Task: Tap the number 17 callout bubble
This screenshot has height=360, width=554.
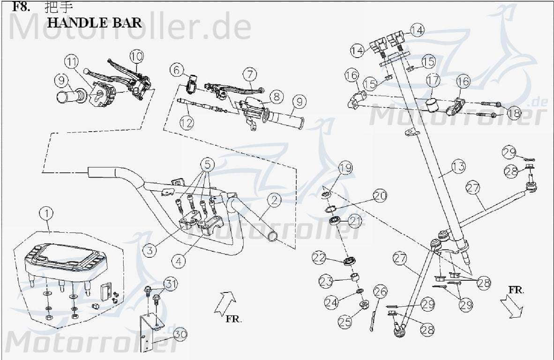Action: pyautogui.click(x=433, y=81)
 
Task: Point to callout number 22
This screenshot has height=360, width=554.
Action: pyautogui.click(x=319, y=257)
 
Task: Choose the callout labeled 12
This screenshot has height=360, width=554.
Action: pyautogui.click(x=187, y=122)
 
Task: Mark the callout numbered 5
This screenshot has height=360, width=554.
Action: pyautogui.click(x=208, y=165)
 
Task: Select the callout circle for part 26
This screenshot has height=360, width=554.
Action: pyautogui.click(x=380, y=292)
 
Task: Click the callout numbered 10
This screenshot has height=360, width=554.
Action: pyautogui.click(x=136, y=57)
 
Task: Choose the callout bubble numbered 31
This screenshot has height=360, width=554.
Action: pyautogui.click(x=171, y=284)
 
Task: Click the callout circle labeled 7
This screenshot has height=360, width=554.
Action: pyautogui.click(x=250, y=74)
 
